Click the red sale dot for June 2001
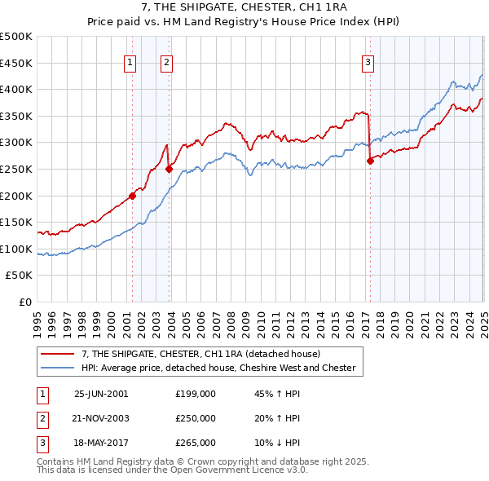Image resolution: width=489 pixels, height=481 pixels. tap(132, 196)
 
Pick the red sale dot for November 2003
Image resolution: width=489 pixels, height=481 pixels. tap(169, 169)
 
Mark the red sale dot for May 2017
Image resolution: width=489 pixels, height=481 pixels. tap(370, 161)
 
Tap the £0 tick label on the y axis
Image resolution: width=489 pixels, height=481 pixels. tap(24, 302)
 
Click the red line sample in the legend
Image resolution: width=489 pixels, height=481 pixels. tap(59, 354)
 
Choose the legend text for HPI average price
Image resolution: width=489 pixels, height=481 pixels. tap(218, 368)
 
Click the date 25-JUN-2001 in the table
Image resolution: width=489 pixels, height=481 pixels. tap(101, 393)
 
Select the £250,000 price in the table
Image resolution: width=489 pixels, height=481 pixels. tap(195, 418)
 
